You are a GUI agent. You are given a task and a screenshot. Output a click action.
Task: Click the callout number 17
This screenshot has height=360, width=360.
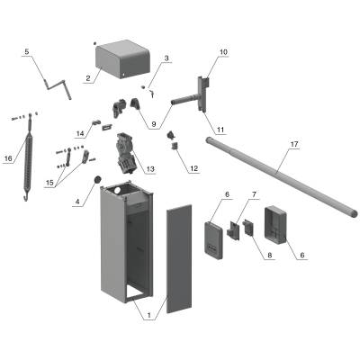[294, 144]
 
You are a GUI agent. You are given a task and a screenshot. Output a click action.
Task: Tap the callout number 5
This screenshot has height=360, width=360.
[27, 51]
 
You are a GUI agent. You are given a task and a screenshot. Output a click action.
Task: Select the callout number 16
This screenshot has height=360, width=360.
[8, 158]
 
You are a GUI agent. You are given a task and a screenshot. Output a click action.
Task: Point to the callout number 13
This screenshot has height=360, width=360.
[150, 169]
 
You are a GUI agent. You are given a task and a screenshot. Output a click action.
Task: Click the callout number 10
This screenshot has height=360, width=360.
[223, 51]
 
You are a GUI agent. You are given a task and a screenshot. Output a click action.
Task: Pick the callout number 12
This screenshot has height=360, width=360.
[193, 168]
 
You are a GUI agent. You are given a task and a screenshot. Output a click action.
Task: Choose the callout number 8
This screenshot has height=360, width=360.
[269, 256]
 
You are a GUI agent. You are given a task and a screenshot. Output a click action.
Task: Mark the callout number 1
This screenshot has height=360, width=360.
[148, 316]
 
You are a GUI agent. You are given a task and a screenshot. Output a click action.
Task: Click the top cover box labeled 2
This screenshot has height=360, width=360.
[122, 59]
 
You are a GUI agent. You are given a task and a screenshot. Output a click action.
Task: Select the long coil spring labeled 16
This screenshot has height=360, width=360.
[30, 156]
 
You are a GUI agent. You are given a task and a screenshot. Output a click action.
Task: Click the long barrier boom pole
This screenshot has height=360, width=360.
[281, 175]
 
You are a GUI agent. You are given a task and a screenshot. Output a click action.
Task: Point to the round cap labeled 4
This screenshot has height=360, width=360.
[98, 180]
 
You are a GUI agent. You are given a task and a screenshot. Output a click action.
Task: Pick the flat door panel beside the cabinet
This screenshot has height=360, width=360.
[179, 259]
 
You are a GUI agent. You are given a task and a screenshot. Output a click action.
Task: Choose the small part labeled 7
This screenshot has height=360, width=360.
[234, 230]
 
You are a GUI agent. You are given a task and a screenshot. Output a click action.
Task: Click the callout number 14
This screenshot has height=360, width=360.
[80, 134]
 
